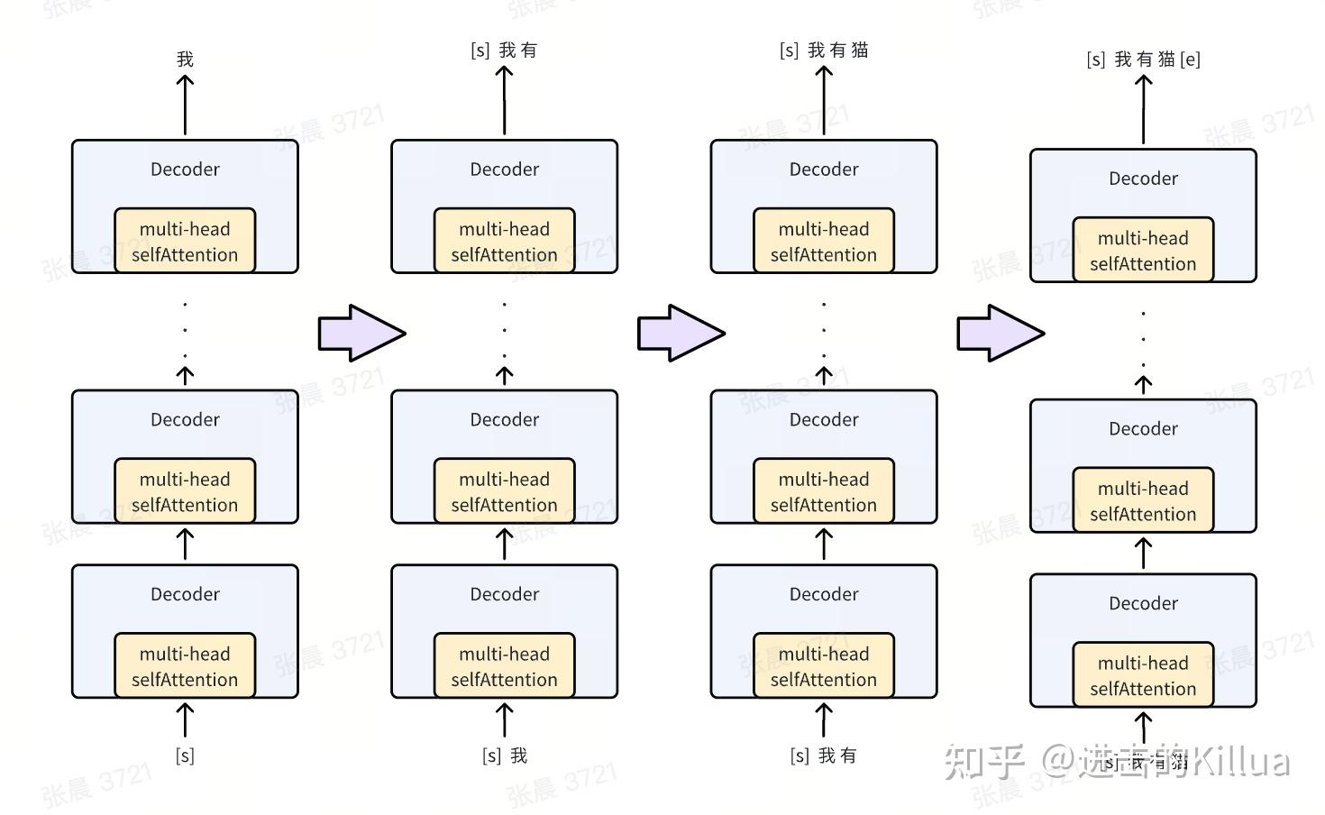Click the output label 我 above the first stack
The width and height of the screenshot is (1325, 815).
tap(185, 60)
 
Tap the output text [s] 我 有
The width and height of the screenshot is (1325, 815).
tap(504, 50)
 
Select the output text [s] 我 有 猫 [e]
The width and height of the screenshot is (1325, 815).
tap(1143, 60)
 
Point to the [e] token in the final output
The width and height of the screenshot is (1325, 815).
tap(1190, 60)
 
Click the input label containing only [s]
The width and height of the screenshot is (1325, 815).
tap(185, 755)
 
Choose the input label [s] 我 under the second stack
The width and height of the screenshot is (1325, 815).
tap(504, 755)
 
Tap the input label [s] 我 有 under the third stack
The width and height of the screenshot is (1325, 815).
tap(823, 755)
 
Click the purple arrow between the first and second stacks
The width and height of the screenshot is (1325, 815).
tap(361, 333)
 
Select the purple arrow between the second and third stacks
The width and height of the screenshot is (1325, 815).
tap(681, 333)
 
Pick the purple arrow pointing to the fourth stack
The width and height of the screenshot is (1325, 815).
tap(1000, 333)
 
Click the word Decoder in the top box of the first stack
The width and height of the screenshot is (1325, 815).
tap(185, 169)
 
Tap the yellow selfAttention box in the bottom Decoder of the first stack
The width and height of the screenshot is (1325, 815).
tap(185, 666)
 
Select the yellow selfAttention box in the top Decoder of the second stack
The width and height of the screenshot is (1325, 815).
tap(504, 241)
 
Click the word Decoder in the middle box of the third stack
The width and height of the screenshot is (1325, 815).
tap(823, 420)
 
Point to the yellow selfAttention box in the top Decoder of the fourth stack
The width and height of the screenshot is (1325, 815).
tap(1143, 250)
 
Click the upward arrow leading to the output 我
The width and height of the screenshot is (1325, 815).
tap(185, 104)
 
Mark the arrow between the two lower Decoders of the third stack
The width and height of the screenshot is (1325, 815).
tap(823, 544)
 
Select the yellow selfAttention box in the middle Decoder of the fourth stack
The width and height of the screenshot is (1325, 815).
tap(1143, 500)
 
